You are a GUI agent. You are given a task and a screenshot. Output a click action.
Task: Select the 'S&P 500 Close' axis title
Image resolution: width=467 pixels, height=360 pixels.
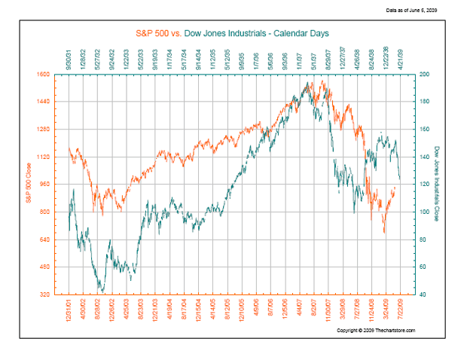pos(28,185)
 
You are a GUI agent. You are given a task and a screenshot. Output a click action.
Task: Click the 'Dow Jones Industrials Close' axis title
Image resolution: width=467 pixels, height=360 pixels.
pos(437,185)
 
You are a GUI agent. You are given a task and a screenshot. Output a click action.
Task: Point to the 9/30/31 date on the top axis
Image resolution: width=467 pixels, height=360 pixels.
pos(69,57)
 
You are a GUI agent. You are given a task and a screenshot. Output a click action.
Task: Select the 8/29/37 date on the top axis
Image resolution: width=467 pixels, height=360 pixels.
pos(328,57)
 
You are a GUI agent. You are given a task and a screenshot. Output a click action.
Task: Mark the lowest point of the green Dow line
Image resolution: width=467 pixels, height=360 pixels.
pos(102,293)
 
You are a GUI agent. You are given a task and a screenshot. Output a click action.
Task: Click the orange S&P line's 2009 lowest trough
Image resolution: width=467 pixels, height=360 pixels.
pos(384,232)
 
